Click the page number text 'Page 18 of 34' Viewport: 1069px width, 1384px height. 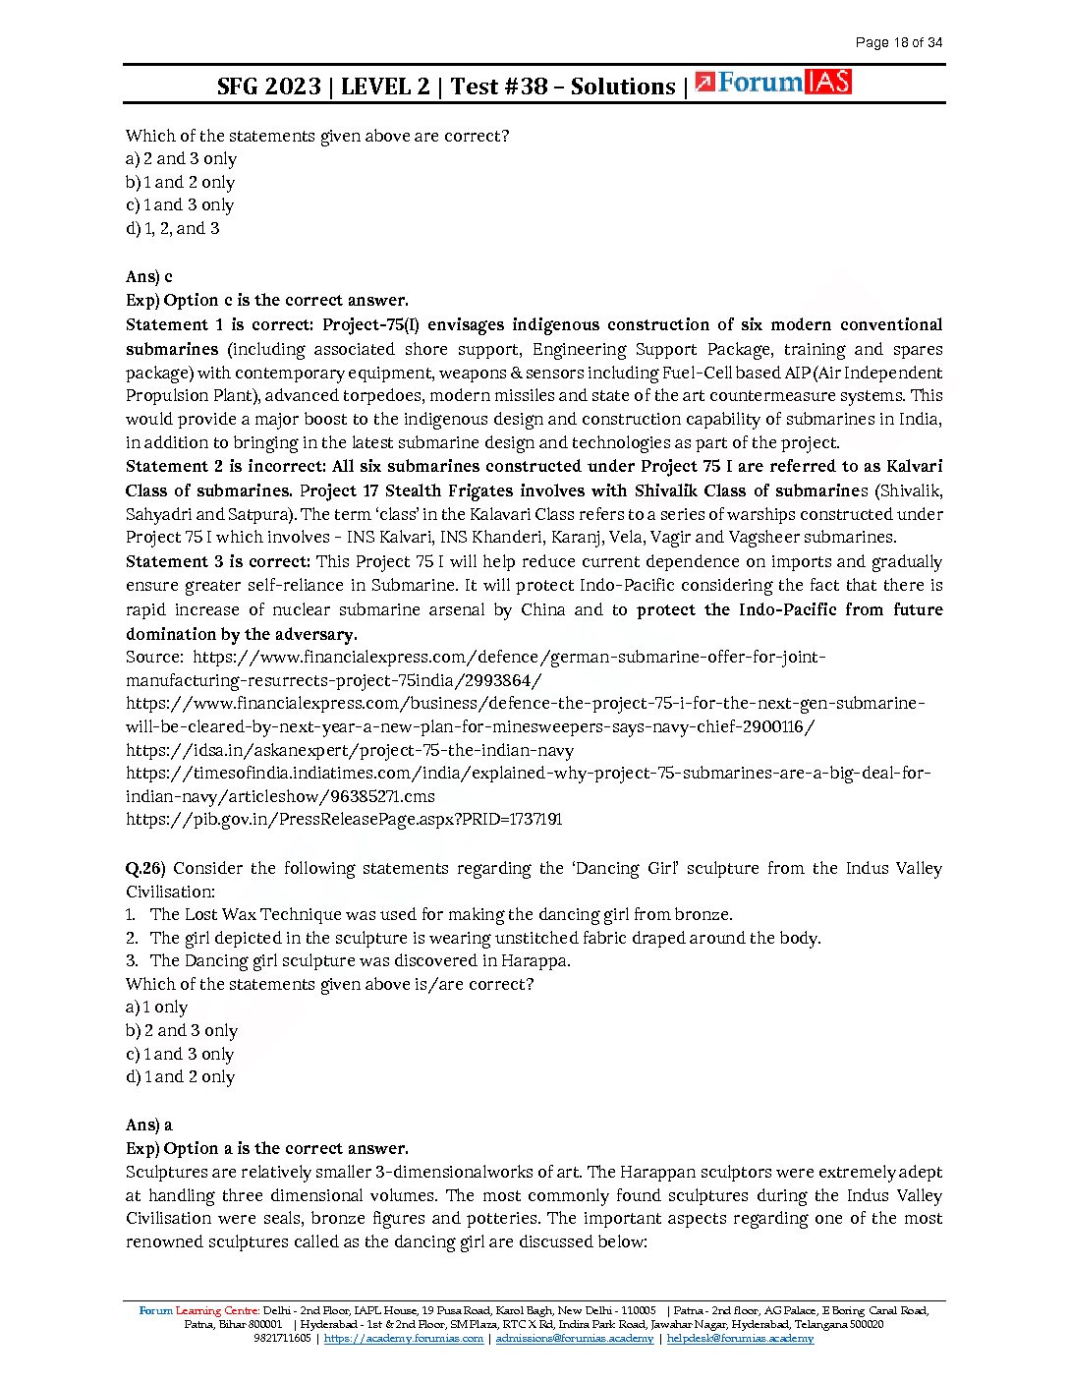(x=898, y=42)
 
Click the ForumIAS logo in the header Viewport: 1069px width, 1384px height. (x=772, y=84)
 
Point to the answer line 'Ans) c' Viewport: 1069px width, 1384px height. (x=149, y=277)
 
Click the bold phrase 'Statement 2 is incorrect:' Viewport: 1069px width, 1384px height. (x=224, y=467)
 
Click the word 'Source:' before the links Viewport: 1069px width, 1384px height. (x=154, y=658)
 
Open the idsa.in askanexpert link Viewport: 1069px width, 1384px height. (x=350, y=751)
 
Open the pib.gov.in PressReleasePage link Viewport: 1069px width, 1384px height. (x=344, y=820)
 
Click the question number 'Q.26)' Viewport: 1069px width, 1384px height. (x=145, y=869)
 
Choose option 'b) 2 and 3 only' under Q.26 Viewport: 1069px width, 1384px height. (x=182, y=1031)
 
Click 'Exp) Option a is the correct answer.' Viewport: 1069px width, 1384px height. (x=267, y=1149)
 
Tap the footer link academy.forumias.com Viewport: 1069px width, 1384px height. (x=404, y=1339)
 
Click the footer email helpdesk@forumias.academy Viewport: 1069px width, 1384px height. (x=740, y=1339)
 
